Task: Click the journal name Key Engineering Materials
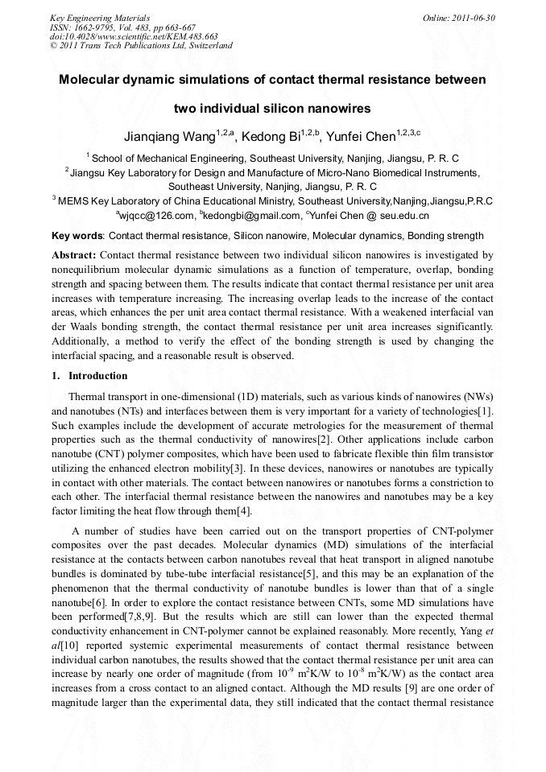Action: point(100,17)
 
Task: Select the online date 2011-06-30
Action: point(459,17)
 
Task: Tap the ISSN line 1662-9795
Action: point(120,27)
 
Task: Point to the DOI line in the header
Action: point(134,36)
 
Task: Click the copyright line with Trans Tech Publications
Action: point(141,46)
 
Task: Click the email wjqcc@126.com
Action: point(158,216)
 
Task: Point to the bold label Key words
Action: point(77,236)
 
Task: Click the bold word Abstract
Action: point(73,255)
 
